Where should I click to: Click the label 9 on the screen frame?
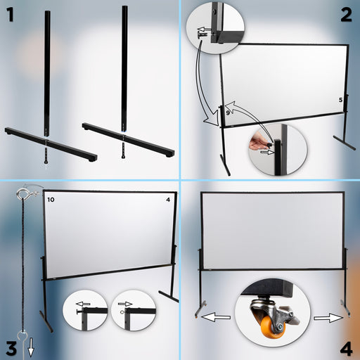pyautogui.click(x=229, y=112)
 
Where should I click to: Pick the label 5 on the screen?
pyautogui.click(x=340, y=101)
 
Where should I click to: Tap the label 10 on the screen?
pyautogui.click(x=51, y=200)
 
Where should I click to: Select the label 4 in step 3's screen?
pyautogui.click(x=167, y=200)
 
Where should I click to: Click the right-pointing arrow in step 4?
pyautogui.click(x=328, y=318)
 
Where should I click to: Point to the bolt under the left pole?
pyautogui.click(x=47, y=150)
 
